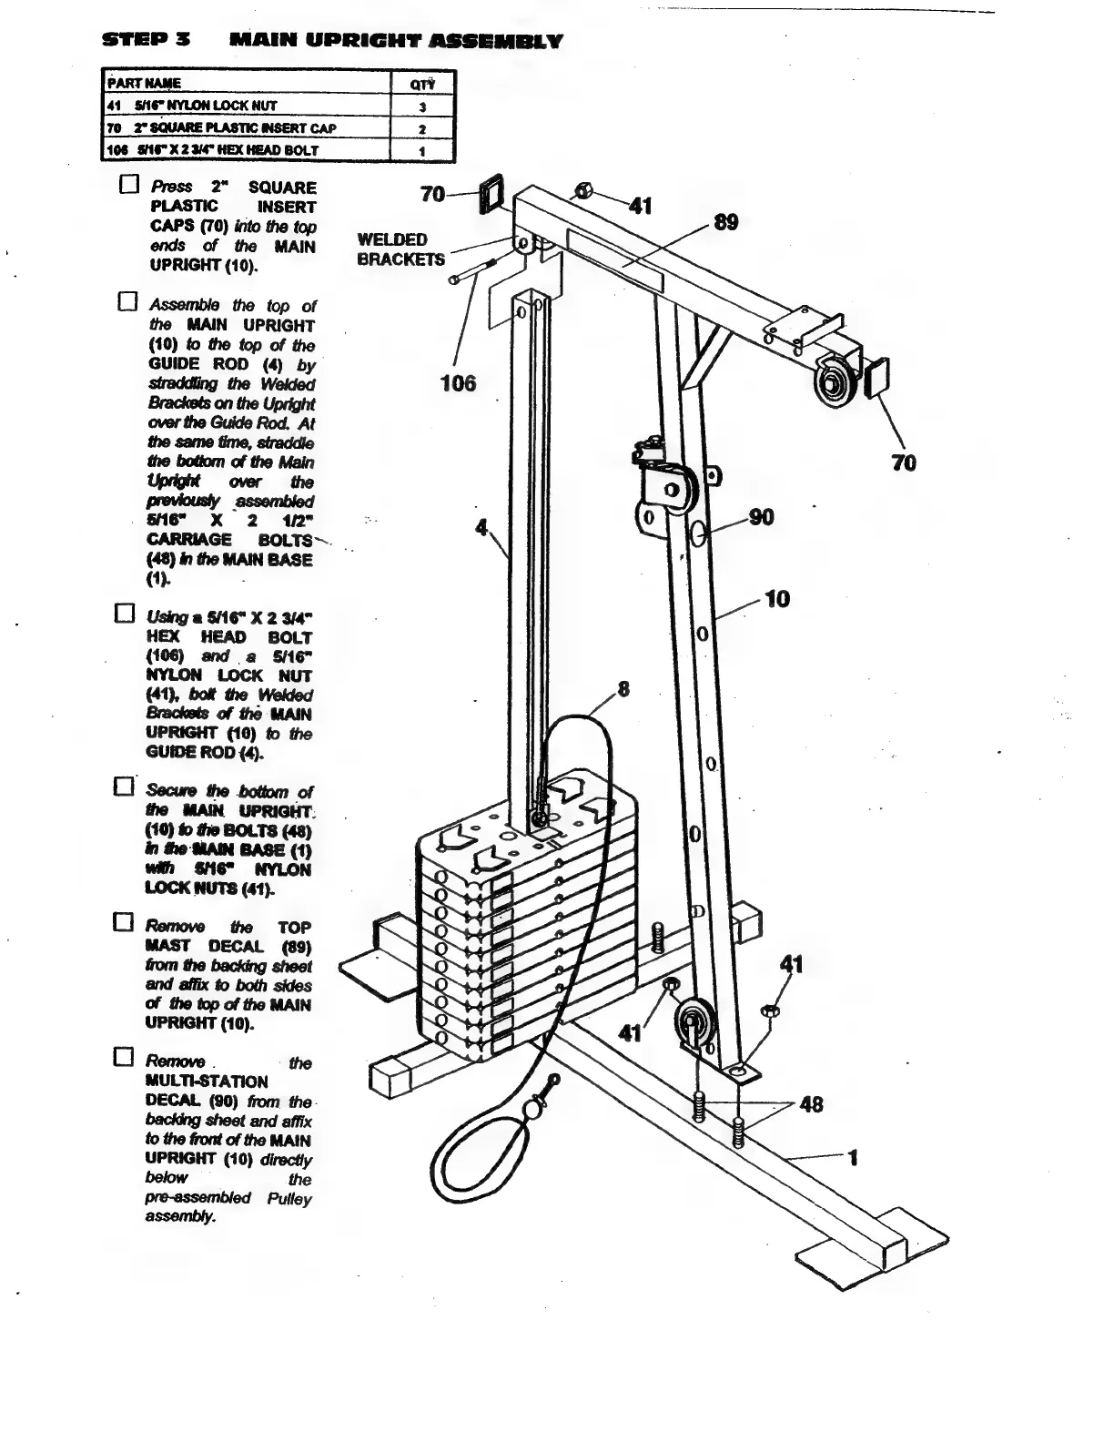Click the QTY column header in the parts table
click(x=421, y=84)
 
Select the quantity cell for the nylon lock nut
click(x=421, y=106)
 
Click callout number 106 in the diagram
click(x=458, y=383)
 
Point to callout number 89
click(x=725, y=223)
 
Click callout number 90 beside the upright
click(x=761, y=518)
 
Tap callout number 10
click(x=776, y=599)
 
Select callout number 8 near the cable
click(x=623, y=689)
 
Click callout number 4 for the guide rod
click(x=482, y=527)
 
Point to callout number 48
click(x=810, y=1104)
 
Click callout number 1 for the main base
click(x=853, y=1158)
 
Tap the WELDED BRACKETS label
click(x=400, y=249)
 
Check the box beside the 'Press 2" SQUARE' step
click(x=128, y=186)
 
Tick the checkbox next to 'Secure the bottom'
click(x=125, y=785)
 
